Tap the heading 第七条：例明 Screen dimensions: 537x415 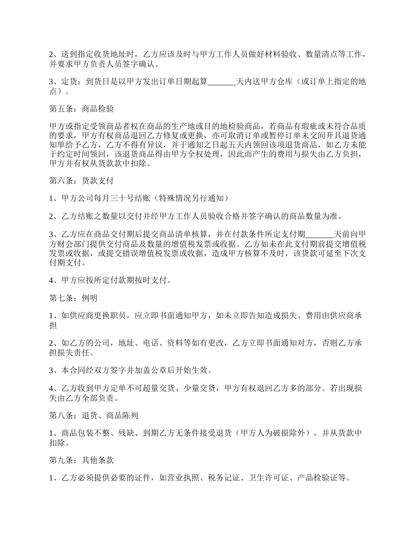(x=73, y=299)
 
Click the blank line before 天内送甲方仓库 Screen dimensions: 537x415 (x=221, y=82)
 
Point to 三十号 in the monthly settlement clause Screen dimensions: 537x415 (x=135, y=198)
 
